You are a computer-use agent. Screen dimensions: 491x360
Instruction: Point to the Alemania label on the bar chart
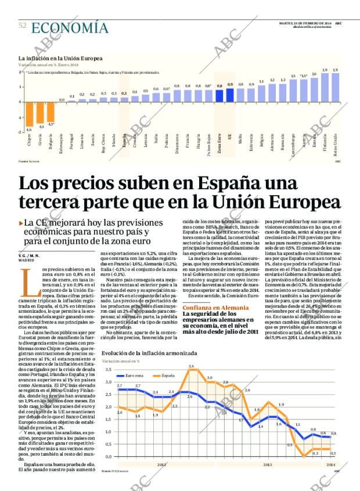[x=272, y=142]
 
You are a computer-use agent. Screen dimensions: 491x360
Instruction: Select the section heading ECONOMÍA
[x=70, y=27]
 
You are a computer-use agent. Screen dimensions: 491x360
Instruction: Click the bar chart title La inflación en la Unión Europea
[x=60, y=59]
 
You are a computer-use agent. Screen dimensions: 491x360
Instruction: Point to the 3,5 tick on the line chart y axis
[x=107, y=370]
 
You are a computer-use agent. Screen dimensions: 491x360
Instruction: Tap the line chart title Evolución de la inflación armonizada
[x=149, y=353]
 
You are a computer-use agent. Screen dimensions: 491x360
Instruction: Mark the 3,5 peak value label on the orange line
[x=191, y=366]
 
